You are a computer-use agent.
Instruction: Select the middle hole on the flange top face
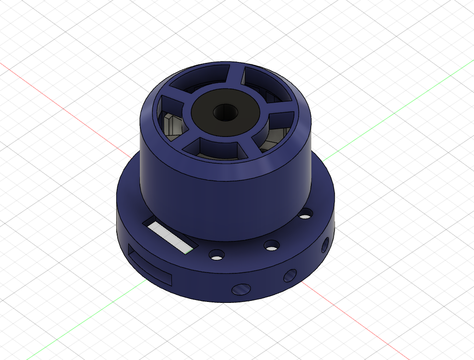(272, 245)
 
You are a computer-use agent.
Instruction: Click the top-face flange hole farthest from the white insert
(305, 213)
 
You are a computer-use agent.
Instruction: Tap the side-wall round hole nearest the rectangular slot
(241, 289)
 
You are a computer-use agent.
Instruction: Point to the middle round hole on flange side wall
(290, 275)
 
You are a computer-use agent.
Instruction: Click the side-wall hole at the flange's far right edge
(325, 246)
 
